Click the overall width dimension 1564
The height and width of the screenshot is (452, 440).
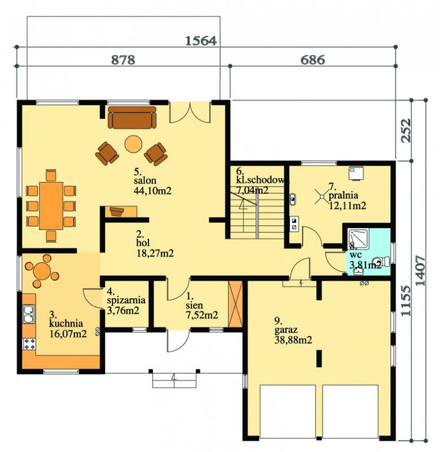(201, 41)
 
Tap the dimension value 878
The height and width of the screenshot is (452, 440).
(123, 60)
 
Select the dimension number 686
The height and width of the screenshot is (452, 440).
(313, 60)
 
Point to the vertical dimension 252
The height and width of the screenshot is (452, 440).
(406, 131)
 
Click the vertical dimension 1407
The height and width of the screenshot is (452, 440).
(421, 271)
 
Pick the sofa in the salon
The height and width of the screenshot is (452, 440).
(132, 118)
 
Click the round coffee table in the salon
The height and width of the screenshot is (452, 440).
(133, 144)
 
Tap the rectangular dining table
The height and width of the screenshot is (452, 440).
(51, 206)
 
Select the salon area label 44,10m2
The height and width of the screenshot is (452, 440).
(153, 191)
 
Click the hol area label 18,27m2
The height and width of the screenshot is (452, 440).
(155, 253)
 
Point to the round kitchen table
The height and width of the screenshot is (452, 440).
(42, 271)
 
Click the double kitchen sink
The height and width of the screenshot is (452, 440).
(28, 314)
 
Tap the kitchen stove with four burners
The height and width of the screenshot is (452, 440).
(29, 344)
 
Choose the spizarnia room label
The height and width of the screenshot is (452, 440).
(126, 301)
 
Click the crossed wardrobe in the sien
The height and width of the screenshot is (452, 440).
(236, 304)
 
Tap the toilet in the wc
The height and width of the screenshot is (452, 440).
(381, 262)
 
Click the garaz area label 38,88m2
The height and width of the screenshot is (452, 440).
(293, 340)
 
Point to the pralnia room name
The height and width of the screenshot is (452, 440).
(343, 195)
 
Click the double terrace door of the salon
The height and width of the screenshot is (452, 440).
(190, 112)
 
